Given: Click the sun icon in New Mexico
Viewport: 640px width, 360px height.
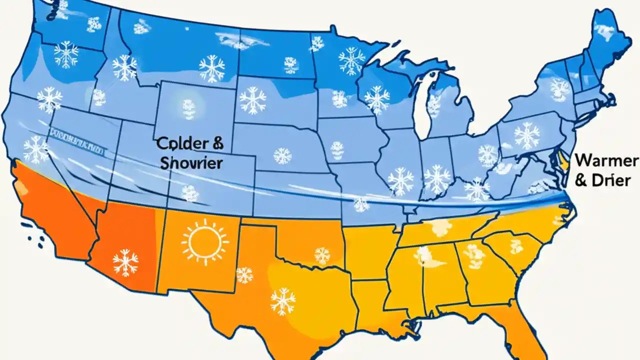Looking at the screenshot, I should tap(205, 241).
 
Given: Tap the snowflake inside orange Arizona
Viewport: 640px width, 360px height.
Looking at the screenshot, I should tap(125, 262).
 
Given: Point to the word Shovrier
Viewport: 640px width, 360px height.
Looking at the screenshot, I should tap(191, 163).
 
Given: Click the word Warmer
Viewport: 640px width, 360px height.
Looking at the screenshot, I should tap(606, 161).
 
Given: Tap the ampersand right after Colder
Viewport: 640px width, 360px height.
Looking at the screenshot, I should tap(218, 143).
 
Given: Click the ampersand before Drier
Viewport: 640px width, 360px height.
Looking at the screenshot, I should tap(580, 180).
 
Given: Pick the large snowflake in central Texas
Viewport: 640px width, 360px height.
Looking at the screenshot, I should tap(283, 301).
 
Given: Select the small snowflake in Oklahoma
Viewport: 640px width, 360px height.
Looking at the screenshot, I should tap(322, 255).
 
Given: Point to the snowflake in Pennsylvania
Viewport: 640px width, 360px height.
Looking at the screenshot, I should tap(527, 135).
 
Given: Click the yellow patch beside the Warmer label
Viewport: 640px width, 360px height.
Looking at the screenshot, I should tap(563, 161).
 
